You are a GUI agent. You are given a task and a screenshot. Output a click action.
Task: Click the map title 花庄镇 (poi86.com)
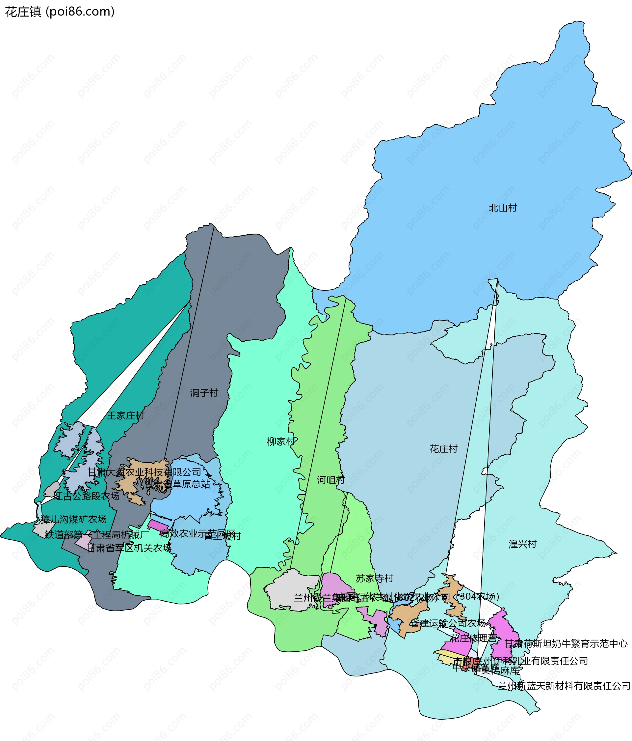coord(60,12)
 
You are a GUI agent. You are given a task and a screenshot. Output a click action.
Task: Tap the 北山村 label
coord(503,208)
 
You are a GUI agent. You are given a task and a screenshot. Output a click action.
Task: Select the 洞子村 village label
coord(204,393)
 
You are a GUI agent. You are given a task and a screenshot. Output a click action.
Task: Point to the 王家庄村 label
coord(126,415)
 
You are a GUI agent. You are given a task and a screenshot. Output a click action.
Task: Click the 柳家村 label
coord(281,442)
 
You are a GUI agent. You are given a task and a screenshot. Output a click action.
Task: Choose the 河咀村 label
coord(331,480)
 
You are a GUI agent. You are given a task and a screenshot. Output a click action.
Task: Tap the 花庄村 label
coord(443,449)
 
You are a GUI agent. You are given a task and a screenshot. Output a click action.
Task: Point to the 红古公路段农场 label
coord(87,496)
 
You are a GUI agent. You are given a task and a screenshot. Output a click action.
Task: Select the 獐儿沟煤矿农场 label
coord(74,519)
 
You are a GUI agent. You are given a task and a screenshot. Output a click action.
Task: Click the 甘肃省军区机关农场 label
coord(129,548)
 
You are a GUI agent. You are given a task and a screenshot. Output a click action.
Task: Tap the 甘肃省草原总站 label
coord(177,484)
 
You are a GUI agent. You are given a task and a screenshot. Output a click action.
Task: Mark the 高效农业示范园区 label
coord(197,533)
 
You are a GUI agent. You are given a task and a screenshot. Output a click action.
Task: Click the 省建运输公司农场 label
coord(448,623)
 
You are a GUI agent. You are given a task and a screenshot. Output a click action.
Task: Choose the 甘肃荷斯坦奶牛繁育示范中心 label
coord(566,644)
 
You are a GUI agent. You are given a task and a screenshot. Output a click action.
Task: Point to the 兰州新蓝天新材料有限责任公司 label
coord(565,686)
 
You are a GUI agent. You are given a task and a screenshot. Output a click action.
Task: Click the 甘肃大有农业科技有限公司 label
coord(145,472)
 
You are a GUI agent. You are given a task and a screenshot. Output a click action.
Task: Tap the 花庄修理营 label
coord(473,638)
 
